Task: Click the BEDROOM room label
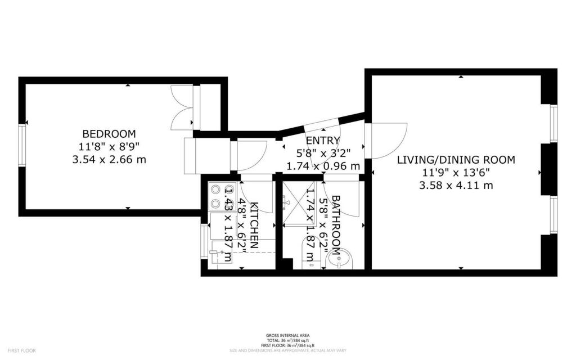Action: [x=109, y=134]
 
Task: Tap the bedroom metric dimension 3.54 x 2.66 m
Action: [x=109, y=159]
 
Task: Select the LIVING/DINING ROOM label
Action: [x=456, y=160]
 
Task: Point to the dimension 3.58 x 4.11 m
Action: [x=456, y=185]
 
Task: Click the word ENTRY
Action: [x=323, y=141]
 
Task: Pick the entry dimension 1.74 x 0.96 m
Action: [x=323, y=166]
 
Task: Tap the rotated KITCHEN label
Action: [x=254, y=225]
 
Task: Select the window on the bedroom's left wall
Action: [x=22, y=145]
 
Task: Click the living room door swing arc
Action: [x=388, y=141]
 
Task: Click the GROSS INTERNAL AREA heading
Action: [x=287, y=336]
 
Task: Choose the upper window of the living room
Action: [x=553, y=123]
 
